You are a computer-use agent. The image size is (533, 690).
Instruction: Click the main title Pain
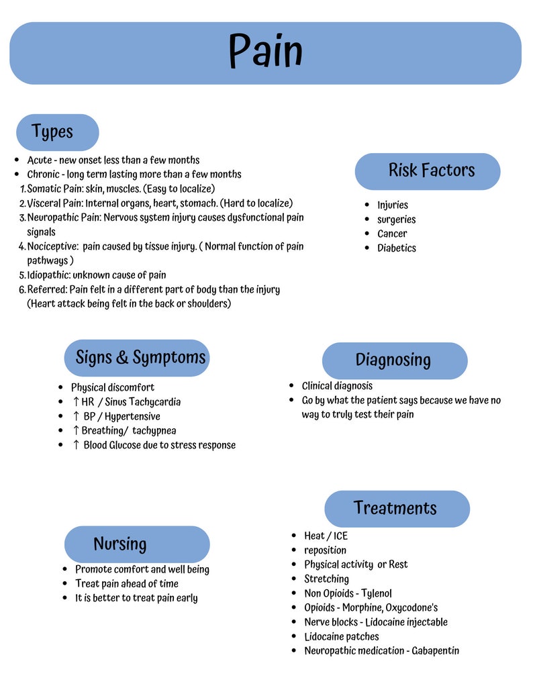pyautogui.click(x=265, y=51)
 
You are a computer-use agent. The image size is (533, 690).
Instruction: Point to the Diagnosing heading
pyautogui.click(x=393, y=360)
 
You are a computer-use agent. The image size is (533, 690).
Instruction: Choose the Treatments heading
pyautogui.click(x=395, y=508)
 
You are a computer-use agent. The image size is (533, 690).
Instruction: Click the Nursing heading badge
pyautogui.click(x=120, y=544)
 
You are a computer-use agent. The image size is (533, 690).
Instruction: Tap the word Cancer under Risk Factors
pyautogui.click(x=392, y=234)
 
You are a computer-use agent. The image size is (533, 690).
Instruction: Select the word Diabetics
pyautogui.click(x=397, y=248)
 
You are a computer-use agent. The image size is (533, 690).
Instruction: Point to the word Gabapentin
pyautogui.click(x=435, y=650)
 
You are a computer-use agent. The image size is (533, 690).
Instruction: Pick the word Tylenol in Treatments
pyautogui.click(x=377, y=593)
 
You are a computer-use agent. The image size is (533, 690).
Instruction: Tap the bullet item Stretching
pyautogui.click(x=326, y=579)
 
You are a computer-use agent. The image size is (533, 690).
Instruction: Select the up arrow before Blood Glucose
pyautogui.click(x=76, y=445)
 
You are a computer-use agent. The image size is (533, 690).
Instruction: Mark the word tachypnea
pyautogui.click(x=154, y=430)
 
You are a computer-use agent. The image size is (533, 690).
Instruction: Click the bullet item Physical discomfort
pyautogui.click(x=113, y=387)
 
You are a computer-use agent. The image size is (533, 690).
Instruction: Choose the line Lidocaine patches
pyautogui.click(x=342, y=636)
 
